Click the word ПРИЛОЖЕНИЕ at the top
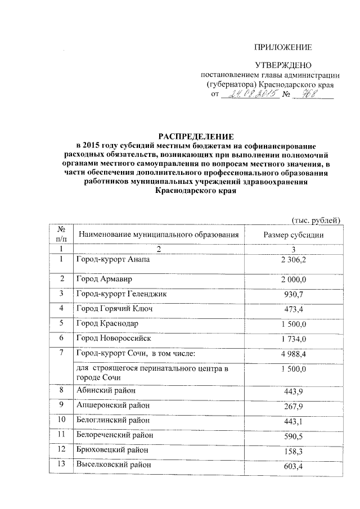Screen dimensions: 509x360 283,47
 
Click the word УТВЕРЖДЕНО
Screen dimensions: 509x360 283,66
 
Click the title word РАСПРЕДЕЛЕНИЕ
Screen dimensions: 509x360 195,137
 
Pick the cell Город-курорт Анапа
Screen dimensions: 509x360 114,260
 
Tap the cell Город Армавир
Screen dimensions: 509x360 105,280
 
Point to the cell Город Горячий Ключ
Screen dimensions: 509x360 115,309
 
